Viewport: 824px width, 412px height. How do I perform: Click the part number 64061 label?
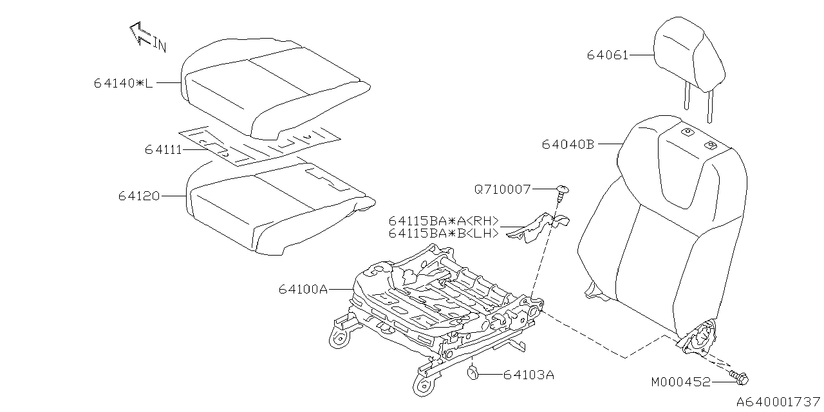[606, 55]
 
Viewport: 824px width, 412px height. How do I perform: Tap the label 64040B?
[567, 145]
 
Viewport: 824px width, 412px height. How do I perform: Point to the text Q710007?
[502, 189]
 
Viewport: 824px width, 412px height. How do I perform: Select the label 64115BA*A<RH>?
[444, 221]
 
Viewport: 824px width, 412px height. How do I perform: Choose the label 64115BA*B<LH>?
[444, 234]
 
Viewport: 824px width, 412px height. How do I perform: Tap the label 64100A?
[303, 290]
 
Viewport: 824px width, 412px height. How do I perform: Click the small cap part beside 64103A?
[473, 372]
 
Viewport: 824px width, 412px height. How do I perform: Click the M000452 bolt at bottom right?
[739, 377]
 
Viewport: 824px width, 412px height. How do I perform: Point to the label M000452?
[680, 382]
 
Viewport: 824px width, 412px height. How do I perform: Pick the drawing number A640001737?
[778, 402]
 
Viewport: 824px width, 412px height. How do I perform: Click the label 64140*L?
[123, 83]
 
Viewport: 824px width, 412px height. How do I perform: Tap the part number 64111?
[163, 150]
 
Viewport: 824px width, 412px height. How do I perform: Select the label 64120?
[138, 195]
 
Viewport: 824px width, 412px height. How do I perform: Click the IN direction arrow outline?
[140, 33]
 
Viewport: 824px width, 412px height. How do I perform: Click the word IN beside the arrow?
[160, 45]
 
